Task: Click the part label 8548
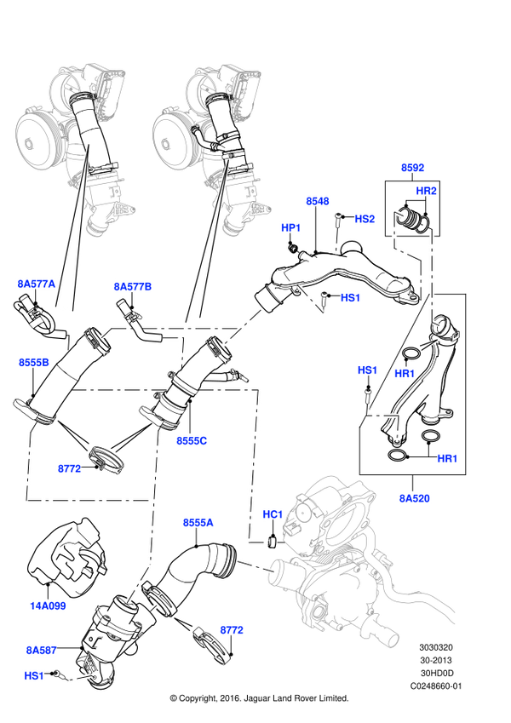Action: [x=318, y=201]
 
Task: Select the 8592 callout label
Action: [x=412, y=168]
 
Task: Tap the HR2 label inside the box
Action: [x=426, y=191]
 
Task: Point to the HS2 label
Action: [x=365, y=219]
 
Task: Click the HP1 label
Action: [x=290, y=227]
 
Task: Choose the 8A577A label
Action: [x=37, y=284]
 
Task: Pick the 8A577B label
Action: [x=132, y=287]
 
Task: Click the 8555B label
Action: [x=34, y=363]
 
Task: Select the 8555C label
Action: [x=192, y=441]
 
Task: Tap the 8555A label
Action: [x=198, y=523]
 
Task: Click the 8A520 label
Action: [x=414, y=498]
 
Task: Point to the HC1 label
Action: [x=272, y=514]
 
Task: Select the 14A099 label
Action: [x=48, y=606]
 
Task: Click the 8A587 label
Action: [x=41, y=651]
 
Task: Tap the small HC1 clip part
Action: [x=272, y=542]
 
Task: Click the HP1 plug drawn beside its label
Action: [x=292, y=249]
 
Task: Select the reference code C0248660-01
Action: [x=435, y=686]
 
